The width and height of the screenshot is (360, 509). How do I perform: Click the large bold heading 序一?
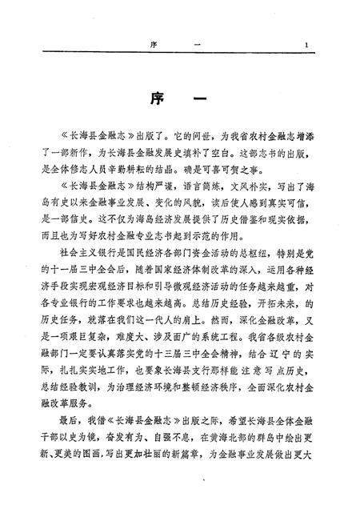tap(179, 102)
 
